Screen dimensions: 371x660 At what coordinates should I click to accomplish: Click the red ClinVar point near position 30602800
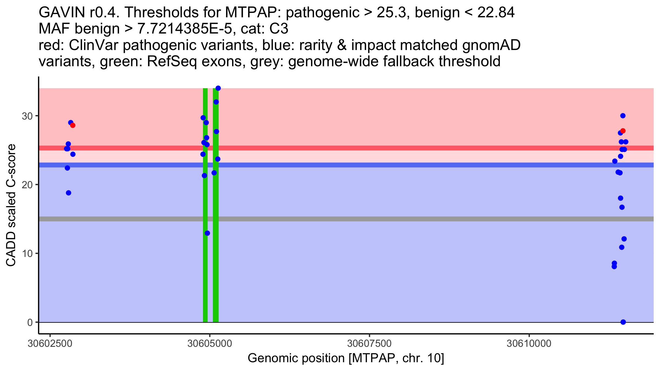point(73,125)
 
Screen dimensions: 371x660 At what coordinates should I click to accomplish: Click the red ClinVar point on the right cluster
point(623,131)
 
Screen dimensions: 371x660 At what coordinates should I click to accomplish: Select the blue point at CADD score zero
point(623,322)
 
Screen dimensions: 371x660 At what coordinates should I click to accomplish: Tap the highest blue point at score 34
point(218,88)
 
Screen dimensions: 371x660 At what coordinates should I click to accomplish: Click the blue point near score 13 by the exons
point(207,233)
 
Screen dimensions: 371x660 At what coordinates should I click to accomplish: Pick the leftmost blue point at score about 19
point(68,193)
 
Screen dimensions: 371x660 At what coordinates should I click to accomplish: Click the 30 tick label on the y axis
point(27,116)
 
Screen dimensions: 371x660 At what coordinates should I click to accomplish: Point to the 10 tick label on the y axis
point(27,253)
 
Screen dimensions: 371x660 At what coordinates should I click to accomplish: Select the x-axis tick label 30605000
point(210,344)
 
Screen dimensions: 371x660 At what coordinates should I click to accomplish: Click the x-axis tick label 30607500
point(369,344)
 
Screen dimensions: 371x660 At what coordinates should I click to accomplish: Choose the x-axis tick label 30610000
point(529,344)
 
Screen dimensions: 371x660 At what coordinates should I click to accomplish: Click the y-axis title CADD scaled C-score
point(11,205)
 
